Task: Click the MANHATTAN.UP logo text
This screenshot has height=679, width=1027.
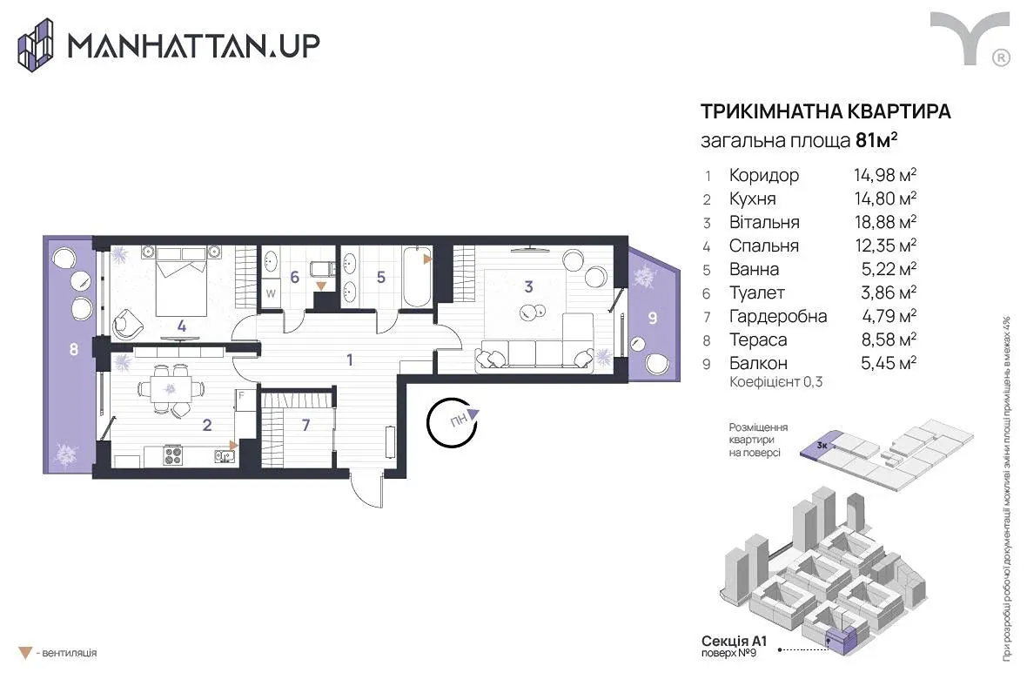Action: pos(194,46)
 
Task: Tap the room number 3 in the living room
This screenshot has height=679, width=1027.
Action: pos(528,286)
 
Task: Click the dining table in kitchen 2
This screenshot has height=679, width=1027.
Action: pos(171,388)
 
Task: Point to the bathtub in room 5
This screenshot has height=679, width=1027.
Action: pos(416,276)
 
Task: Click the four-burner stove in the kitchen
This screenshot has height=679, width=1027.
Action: pos(173,455)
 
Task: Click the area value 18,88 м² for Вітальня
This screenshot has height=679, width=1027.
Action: pos(885,222)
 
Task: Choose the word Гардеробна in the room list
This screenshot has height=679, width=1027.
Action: pos(778,317)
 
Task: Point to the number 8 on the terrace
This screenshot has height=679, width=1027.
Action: pos(73,349)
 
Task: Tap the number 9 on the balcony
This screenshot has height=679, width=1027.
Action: pos(653,319)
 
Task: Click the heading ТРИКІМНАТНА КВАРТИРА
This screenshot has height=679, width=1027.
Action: pos(825,111)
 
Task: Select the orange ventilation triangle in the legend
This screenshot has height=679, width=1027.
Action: pos(25,653)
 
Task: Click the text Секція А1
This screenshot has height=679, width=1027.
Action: pos(734,641)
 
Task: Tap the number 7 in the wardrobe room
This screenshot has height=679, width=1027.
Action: pos(305,426)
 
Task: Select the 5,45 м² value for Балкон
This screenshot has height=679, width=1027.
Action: pos(888,363)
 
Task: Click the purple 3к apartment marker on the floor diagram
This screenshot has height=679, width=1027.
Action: pos(822,447)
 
